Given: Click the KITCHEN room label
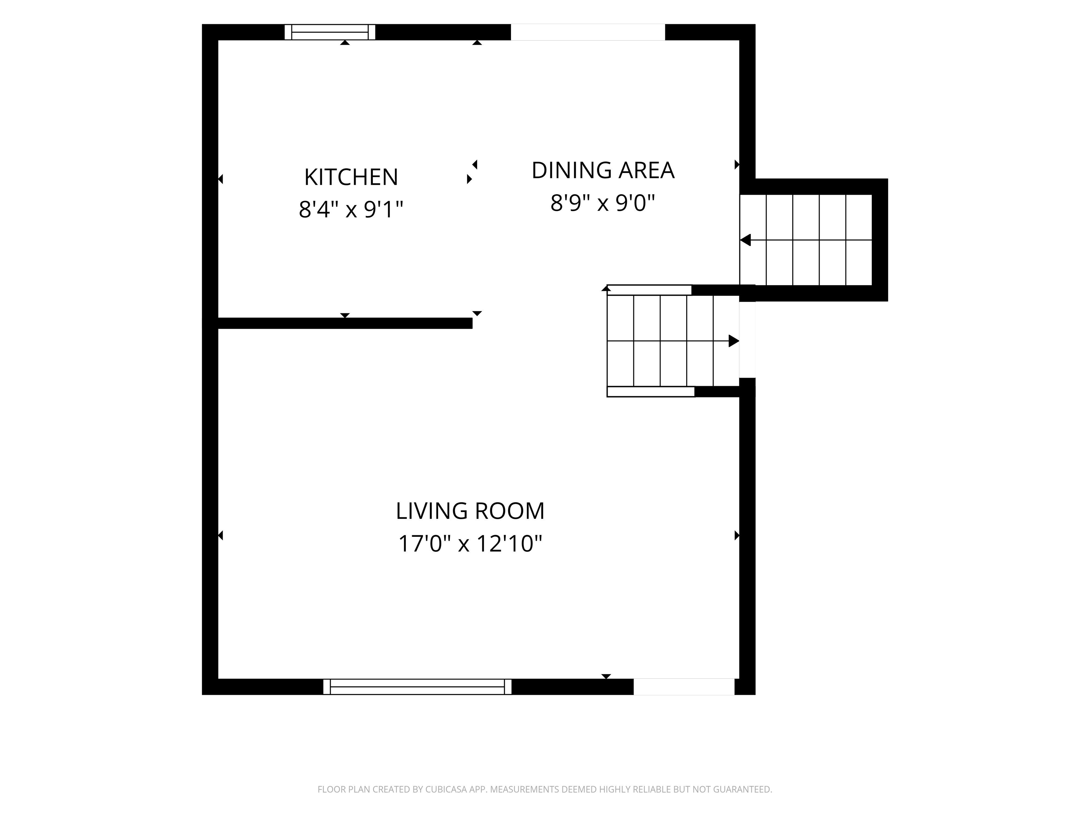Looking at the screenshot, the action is tap(351, 177).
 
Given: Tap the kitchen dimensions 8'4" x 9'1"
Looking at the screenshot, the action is tap(351, 209).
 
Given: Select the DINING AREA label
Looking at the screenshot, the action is tap(602, 171).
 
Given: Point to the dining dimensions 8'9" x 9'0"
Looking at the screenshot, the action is tap(602, 202).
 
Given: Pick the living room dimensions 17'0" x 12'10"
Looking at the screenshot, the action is tap(470, 544).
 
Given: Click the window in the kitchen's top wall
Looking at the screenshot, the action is tap(330, 32).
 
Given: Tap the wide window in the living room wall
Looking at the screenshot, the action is tap(417, 687).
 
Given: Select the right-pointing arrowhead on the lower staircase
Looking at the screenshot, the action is tap(734, 341).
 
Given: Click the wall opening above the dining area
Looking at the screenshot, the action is tap(588, 32).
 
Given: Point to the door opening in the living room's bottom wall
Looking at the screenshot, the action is tap(684, 687).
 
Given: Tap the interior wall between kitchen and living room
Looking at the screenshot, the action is tap(345, 323).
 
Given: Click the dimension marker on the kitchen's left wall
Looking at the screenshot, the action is tap(221, 179).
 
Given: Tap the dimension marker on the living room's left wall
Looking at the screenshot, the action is tap(221, 535).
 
